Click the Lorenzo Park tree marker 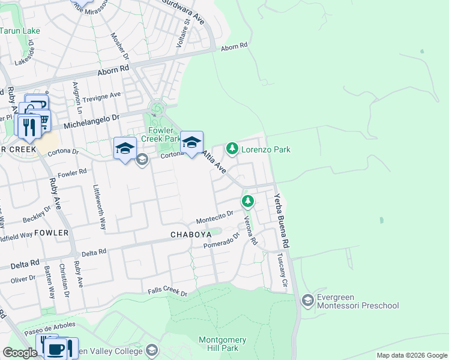pyautogui.click(x=232, y=148)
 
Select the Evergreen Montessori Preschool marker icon pyautogui.click(x=308, y=299)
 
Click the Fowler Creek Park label pyautogui.click(x=157, y=134)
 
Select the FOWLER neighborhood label pyautogui.click(x=51, y=232)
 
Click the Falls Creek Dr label pyautogui.click(x=168, y=292)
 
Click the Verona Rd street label pyautogui.click(x=250, y=231)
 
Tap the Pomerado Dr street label pyautogui.click(x=221, y=240)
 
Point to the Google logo pyautogui.click(x=20, y=353)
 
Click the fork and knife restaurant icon pyautogui.click(x=29, y=126)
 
